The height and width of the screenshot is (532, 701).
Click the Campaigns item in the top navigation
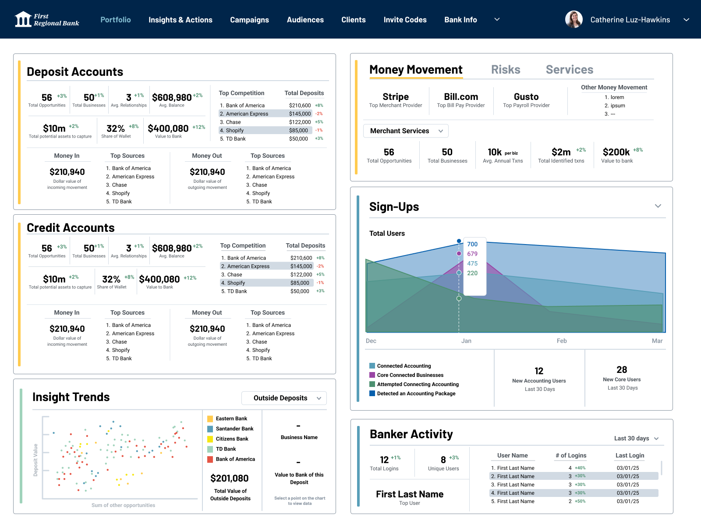coord(249,20)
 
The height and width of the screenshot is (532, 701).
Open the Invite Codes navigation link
coord(405,20)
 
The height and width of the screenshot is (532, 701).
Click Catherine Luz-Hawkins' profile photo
coord(574,19)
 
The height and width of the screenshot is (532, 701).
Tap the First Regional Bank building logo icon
coord(23,19)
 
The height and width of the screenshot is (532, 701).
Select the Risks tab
coord(506,70)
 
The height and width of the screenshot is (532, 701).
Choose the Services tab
coord(570,70)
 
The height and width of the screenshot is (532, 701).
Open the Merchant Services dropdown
coord(406,131)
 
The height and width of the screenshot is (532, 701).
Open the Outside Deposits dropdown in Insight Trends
coord(284,398)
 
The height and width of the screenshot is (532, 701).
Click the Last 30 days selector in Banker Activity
coord(636,438)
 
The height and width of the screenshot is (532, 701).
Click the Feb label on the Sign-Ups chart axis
coord(562,341)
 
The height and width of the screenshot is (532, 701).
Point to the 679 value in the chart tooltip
coord(472,254)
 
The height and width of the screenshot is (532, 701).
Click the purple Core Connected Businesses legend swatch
coord(372,375)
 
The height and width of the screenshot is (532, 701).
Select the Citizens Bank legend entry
coord(232,439)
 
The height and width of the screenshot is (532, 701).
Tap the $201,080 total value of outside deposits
coord(229,479)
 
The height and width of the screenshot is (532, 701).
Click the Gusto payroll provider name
coord(526,97)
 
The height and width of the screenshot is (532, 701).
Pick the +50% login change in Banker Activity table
coord(580,501)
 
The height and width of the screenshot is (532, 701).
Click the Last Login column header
coord(630,456)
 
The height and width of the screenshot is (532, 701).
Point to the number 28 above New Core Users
coord(621,370)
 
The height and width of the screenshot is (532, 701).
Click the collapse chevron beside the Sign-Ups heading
coord(658,206)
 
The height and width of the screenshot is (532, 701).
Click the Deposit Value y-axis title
coord(35,460)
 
